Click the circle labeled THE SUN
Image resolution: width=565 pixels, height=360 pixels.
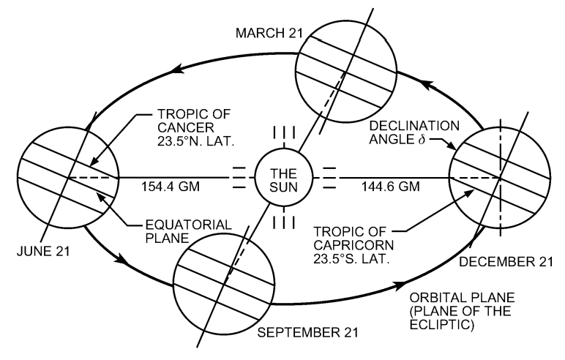click(282, 176)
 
